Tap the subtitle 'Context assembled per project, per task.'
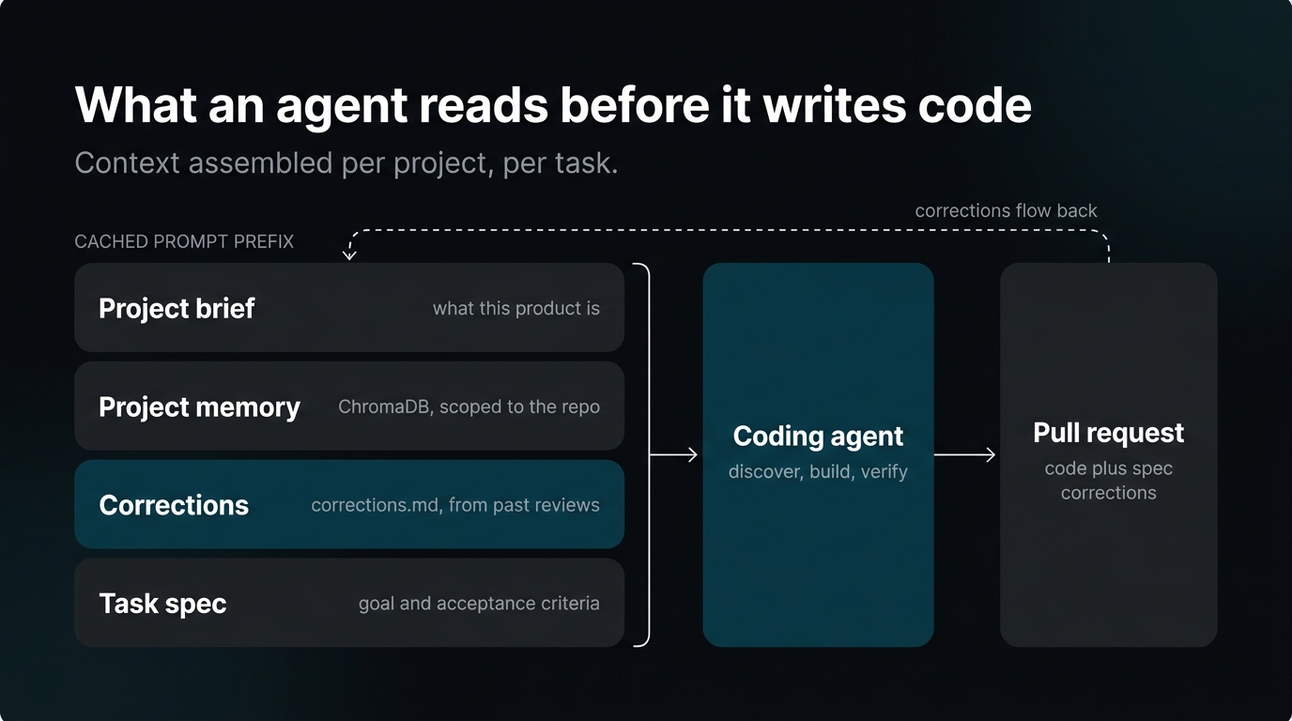(346, 163)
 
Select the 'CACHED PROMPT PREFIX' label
(184, 241)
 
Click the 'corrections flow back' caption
(1006, 211)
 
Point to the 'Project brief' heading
(177, 308)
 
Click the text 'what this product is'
(516, 309)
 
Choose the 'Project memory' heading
(199, 407)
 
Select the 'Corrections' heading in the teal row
(174, 505)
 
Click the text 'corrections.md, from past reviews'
(455, 505)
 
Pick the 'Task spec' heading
(162, 604)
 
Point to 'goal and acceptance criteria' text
(479, 604)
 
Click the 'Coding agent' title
(818, 437)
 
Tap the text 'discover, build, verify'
(818, 472)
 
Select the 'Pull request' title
(1108, 433)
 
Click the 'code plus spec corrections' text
(1108, 481)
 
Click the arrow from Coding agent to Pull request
(964, 455)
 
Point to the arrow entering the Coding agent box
(673, 455)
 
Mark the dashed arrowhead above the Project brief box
(349, 253)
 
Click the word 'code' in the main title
(975, 105)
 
